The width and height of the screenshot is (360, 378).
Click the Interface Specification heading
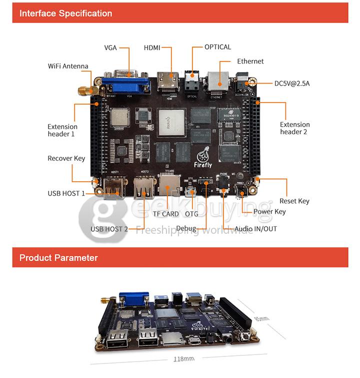click(65, 14)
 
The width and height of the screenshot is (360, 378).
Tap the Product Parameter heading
click(58, 258)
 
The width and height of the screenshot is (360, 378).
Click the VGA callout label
click(110, 48)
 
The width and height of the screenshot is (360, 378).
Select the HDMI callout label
click(152, 48)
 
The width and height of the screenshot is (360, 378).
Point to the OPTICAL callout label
click(217, 47)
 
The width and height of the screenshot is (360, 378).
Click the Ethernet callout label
click(250, 61)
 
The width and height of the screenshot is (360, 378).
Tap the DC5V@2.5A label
click(292, 83)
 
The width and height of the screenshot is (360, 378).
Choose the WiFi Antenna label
click(68, 66)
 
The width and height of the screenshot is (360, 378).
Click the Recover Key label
click(66, 158)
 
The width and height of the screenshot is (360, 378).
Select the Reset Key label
click(294, 201)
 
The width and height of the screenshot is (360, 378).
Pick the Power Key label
click(269, 211)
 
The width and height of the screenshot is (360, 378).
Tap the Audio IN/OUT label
click(256, 229)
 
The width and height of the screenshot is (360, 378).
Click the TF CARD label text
click(166, 214)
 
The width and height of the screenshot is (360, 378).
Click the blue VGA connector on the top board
click(129, 83)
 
